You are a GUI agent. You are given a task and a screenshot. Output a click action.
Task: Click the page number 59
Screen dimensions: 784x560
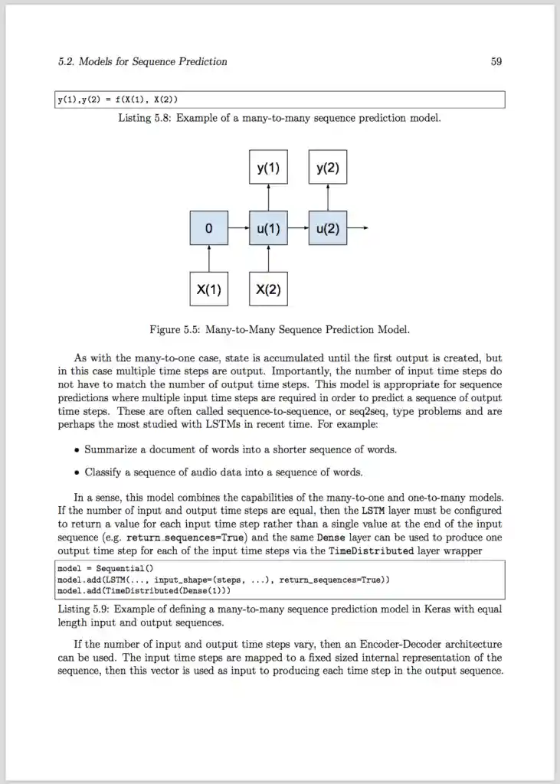tap(496, 61)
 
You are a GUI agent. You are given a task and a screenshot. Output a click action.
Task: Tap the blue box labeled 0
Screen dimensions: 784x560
tap(209, 228)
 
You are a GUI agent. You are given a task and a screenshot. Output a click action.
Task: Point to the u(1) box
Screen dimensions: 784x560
tap(268, 228)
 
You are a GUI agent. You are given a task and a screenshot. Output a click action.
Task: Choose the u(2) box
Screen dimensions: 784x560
tap(327, 228)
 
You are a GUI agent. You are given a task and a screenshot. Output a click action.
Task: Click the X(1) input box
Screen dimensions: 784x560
tap(209, 289)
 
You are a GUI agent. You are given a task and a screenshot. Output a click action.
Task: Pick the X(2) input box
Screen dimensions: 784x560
tap(268, 289)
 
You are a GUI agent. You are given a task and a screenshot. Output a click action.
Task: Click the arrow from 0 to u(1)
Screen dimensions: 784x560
tap(238, 228)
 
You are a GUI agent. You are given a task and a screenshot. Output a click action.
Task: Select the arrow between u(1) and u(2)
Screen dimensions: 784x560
tap(297, 228)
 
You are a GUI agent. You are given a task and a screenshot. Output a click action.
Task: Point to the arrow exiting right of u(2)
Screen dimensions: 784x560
tap(358, 228)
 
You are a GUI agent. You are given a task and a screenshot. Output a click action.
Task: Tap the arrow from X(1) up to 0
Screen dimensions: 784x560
tap(209, 259)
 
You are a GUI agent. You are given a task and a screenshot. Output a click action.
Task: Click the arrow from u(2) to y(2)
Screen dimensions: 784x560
tap(327, 198)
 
